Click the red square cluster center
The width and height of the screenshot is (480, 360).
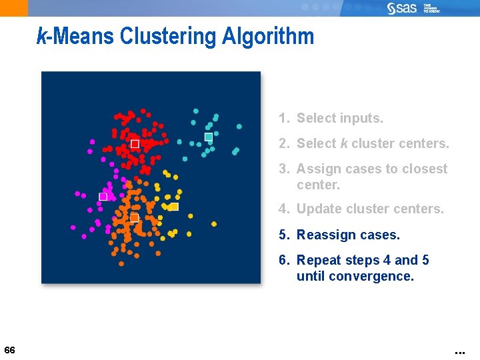(135, 144)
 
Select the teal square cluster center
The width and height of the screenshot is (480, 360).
(209, 137)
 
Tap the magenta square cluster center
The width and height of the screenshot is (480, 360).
(103, 197)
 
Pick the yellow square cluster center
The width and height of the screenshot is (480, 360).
(175, 207)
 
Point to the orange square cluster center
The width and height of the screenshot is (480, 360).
(134, 218)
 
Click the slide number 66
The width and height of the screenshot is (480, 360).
(9, 350)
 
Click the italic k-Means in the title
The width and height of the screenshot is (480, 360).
(75, 36)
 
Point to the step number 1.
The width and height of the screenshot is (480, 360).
(284, 119)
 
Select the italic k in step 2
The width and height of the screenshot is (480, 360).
(344, 143)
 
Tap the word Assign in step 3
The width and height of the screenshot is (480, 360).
(318, 169)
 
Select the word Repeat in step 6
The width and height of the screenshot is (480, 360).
(319, 260)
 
